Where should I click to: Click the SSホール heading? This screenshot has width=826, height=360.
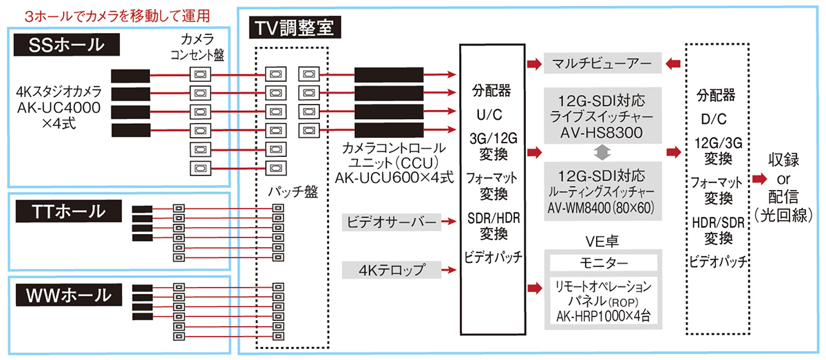pos(66,45)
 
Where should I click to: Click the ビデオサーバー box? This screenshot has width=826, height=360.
pos(390,222)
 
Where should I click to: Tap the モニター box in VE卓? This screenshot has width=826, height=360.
pos(601,264)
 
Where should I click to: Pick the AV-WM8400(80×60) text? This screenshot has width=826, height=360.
pos(601,205)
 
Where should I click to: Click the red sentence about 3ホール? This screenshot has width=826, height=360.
pos(116,14)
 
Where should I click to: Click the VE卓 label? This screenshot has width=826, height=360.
pos(601,241)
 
